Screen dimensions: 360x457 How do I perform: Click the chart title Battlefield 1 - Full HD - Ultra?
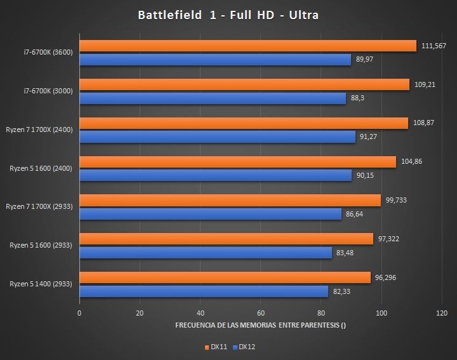[x=228, y=15]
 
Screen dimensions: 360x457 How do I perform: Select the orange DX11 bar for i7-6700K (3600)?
[x=248, y=46]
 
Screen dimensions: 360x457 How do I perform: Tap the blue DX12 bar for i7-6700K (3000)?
[x=213, y=98]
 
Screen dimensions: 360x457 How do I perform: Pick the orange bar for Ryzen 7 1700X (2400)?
[x=244, y=123]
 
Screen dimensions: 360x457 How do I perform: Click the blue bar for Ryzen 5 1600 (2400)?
[x=215, y=176]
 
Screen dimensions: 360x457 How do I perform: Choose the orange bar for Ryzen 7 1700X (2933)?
[x=230, y=201]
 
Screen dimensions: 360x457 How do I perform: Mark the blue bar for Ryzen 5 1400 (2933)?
[x=204, y=291]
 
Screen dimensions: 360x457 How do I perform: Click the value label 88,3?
[x=359, y=98]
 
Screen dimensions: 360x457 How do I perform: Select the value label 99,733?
[x=397, y=200]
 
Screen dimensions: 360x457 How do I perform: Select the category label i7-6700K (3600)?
[x=48, y=52]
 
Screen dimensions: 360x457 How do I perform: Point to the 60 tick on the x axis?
[x=261, y=313]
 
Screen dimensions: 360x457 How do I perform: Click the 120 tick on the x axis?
[x=442, y=313]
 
